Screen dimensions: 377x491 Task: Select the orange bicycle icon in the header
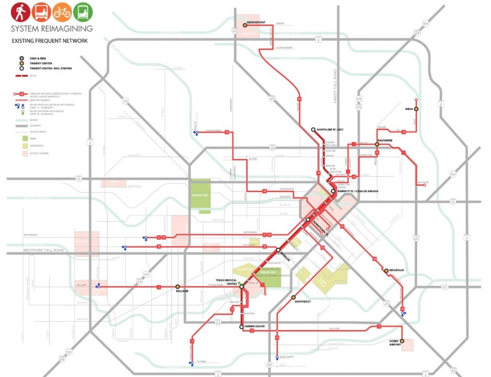pyautogui.click(x=62, y=12)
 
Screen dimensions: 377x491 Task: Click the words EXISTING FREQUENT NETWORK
pyautogui.click(x=50, y=41)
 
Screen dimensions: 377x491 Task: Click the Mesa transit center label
pyautogui.click(x=409, y=109)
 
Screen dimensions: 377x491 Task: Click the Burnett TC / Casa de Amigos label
pyautogui.click(x=358, y=191)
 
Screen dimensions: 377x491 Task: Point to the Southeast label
pyautogui.click(x=302, y=302)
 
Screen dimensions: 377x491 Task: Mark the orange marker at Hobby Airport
pyautogui.click(x=402, y=341)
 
